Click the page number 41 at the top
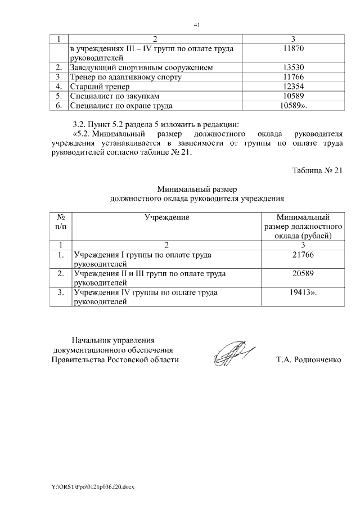[x=196, y=25]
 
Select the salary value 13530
[x=302, y=67]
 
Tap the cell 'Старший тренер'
[x=100, y=87]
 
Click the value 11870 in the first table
[x=302, y=49]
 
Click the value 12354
[x=302, y=87]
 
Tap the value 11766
[x=302, y=77]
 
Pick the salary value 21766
[x=303, y=255]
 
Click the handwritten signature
[x=232, y=354]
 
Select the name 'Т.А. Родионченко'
[x=309, y=359]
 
